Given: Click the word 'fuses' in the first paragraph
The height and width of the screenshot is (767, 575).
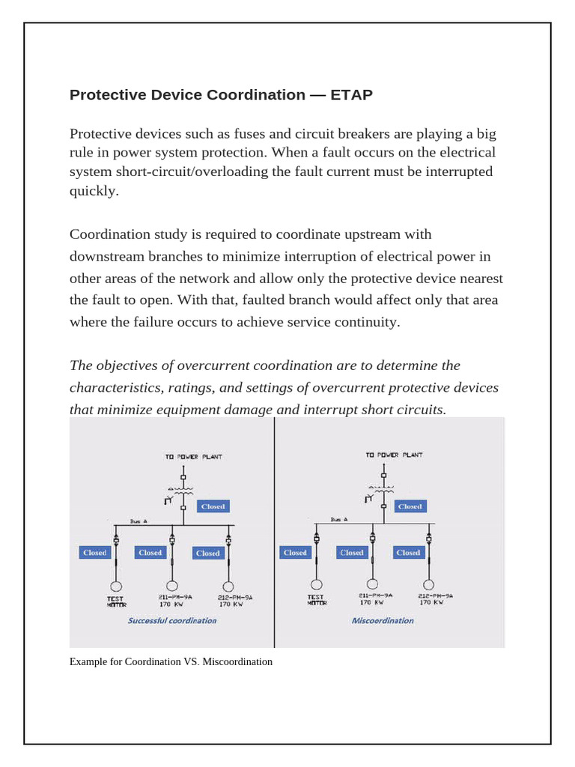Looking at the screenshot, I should (255, 134).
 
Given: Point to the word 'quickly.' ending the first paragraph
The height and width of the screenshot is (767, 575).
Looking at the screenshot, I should (94, 190).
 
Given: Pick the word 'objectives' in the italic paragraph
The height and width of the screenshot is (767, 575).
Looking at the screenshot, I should (132, 366).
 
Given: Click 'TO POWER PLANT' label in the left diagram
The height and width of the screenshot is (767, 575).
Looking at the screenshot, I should (193, 456).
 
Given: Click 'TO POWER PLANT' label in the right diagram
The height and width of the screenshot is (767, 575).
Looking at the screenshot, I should (394, 455).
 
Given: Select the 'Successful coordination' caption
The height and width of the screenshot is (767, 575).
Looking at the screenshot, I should (172, 620).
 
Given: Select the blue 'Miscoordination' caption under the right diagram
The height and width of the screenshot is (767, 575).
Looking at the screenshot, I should (383, 620).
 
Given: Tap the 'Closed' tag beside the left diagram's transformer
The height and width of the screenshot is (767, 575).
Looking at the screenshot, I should (213, 506).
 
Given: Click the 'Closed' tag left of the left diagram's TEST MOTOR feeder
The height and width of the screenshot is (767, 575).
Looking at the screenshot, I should (95, 553).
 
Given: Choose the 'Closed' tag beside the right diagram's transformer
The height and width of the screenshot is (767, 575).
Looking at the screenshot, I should (410, 506).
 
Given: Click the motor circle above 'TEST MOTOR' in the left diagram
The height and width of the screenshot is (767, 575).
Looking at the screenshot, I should (116, 586).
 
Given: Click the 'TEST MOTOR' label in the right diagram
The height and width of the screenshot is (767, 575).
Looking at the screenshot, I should (316, 600).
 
